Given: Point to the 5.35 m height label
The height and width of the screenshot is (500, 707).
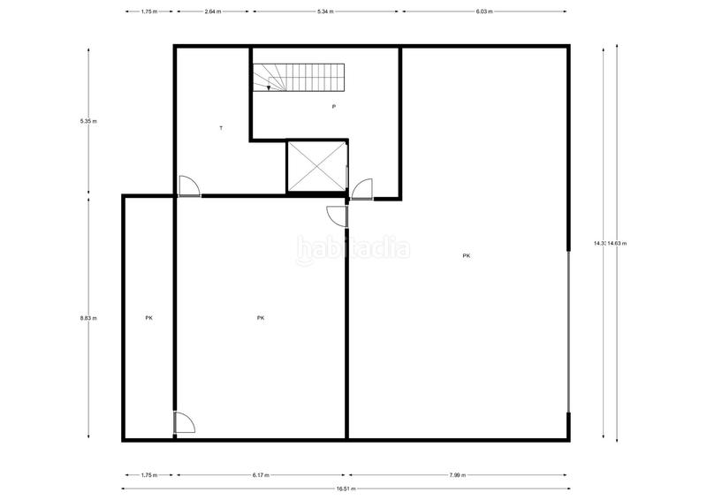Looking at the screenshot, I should click(x=88, y=121).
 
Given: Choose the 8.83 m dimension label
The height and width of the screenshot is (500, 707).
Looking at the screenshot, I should click(x=88, y=318).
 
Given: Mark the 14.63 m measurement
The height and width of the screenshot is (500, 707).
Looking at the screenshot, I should click(x=617, y=243).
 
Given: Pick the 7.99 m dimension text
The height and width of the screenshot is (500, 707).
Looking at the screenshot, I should click(x=457, y=475).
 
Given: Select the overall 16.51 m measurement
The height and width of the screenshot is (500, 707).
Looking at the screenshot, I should click(x=346, y=489).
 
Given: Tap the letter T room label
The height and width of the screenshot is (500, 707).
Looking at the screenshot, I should click(x=221, y=128).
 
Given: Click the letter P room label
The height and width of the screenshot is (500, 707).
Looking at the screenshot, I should click(x=333, y=107).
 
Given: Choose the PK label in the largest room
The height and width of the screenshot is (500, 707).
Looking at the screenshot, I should click(x=466, y=256).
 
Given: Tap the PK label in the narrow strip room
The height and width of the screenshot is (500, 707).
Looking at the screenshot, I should click(x=148, y=318).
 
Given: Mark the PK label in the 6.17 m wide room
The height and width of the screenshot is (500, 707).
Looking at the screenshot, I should click(x=261, y=318).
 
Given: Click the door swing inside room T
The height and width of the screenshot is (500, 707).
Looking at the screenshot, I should click(x=188, y=186).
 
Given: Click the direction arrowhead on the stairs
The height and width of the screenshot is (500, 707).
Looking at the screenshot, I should click(x=269, y=87).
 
